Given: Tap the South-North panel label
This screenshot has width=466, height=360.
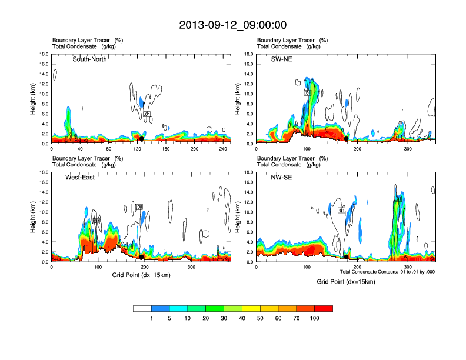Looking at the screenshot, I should pos(89,59).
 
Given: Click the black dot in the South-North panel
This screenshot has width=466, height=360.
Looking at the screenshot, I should pos(141,139).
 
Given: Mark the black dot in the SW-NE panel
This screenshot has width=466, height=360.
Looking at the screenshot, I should pos(347,139).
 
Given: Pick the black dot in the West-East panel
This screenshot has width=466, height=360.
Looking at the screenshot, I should pos(142,257).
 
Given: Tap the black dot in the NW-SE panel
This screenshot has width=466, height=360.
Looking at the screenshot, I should pos(346,257).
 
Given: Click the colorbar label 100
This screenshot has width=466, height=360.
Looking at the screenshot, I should pos(315,319).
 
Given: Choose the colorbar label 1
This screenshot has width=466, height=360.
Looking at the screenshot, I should pos(152,319).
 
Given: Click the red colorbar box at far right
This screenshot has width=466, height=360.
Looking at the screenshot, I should pos(324,308).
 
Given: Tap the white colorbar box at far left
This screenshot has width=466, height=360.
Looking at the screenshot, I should pos(142,308).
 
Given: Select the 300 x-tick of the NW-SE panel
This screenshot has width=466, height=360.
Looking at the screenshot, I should pos(408,267).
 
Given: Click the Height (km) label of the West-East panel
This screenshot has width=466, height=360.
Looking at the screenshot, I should pos(34,217).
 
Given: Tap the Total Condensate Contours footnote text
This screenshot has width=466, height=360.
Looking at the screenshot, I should pos(387,271).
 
